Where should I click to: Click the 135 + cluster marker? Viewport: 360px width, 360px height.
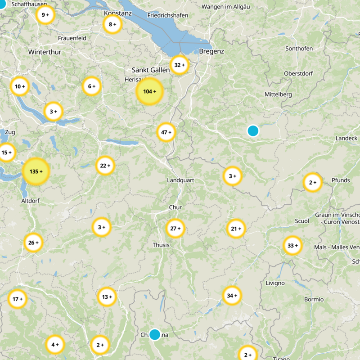pyautogui.click(x=36, y=171)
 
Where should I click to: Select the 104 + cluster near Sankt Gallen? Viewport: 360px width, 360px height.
pyautogui.click(x=149, y=92)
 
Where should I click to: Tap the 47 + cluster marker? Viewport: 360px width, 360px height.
pyautogui.click(x=166, y=132)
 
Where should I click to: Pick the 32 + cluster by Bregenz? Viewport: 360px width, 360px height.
pyautogui.click(x=180, y=65)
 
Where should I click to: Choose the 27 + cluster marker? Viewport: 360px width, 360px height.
pyautogui.click(x=175, y=229)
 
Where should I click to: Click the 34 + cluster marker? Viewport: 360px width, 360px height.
pyautogui.click(x=232, y=296)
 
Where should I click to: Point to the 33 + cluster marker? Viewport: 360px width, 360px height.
pyautogui.click(x=292, y=246)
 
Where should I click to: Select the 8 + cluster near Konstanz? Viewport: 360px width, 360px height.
pyautogui.click(x=112, y=24)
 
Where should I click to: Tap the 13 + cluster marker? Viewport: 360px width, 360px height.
pyautogui.click(x=107, y=297)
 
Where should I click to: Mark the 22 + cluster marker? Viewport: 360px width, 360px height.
pyautogui.click(x=105, y=166)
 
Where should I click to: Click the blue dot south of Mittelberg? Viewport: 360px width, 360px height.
pyautogui.click(x=253, y=131)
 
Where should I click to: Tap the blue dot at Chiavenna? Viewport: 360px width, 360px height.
pyautogui.click(x=155, y=334)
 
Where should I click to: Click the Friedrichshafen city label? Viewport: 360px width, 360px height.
pyautogui.click(x=167, y=15)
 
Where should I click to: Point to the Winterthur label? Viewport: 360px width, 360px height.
pyautogui.click(x=45, y=52)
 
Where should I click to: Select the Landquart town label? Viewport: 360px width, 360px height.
pyautogui.click(x=180, y=180)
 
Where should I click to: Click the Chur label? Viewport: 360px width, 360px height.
pyautogui.click(x=175, y=207)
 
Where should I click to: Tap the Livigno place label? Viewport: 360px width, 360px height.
pyautogui.click(x=275, y=283)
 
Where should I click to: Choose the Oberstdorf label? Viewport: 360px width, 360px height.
pyautogui.click(x=299, y=74)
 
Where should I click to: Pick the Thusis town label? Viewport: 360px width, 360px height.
pyautogui.click(x=161, y=245)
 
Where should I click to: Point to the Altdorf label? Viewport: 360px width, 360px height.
pyautogui.click(x=31, y=201)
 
